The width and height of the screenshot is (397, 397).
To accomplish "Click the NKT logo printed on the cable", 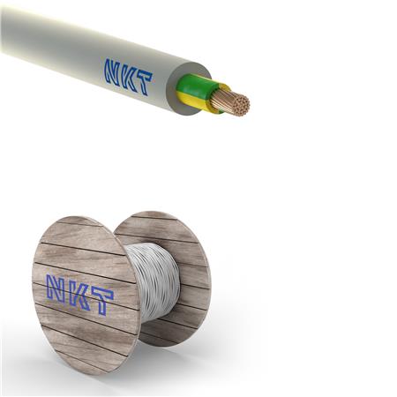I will [x=128, y=77].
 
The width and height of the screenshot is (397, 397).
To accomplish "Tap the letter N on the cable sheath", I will [x=113, y=71].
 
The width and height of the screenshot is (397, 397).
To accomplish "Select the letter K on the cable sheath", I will [x=128, y=77].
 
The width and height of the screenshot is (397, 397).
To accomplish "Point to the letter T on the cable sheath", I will [x=143, y=83].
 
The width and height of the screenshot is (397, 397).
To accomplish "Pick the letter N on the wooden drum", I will [x=56, y=286].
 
